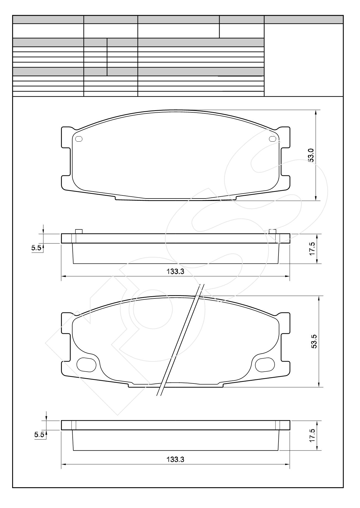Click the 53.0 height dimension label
(311, 155)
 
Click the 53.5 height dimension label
(314, 341)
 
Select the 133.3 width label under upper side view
(175, 271)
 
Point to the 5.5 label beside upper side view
(36, 248)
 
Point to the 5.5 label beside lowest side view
(39, 435)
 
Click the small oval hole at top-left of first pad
(79, 139)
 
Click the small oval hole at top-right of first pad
(272, 139)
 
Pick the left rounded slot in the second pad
(86, 365)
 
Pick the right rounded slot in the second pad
(265, 365)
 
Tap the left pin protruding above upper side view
(79, 231)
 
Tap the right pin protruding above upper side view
(272, 231)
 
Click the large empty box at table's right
(304, 60)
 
